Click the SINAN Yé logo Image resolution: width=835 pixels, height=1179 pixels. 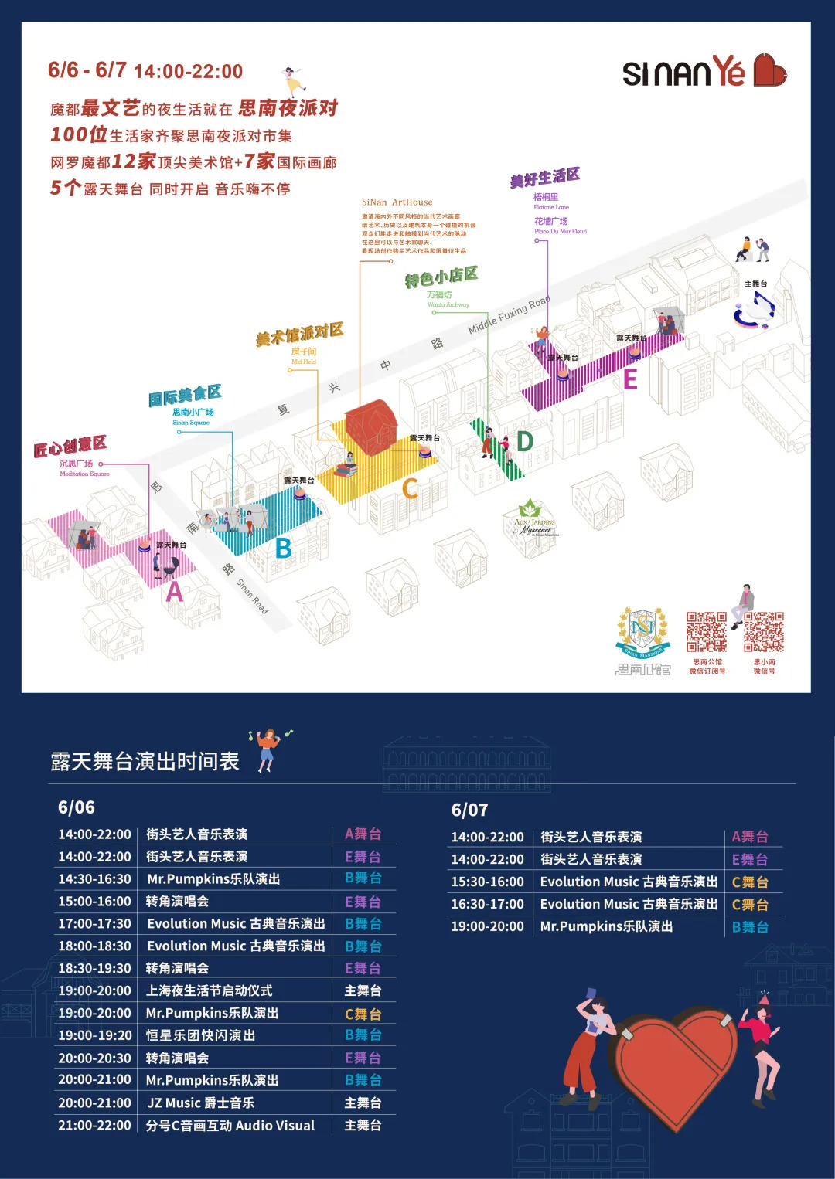pos(704,72)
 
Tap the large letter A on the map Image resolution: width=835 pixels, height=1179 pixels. pos(176,592)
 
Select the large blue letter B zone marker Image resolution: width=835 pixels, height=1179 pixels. pos(284,548)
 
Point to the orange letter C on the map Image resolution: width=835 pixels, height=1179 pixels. pos(410,488)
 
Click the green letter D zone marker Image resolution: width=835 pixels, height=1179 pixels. pos(525,441)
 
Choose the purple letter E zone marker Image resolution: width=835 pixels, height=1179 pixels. pos(630,379)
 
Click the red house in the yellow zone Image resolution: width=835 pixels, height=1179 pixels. pos(370,426)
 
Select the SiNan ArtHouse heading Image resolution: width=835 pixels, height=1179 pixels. pos(397,202)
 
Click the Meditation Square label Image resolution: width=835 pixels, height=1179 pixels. pos(84,474)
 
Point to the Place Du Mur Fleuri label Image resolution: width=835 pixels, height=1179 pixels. pos(561,231)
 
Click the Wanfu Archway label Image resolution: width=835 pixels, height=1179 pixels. pos(448,304)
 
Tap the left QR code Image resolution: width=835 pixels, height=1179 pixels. pos(707,633)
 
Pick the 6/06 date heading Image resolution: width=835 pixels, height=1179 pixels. pos(77,807)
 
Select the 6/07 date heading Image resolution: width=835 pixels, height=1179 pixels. pos(469,810)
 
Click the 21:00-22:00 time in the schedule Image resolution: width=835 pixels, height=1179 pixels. pos(94,1125)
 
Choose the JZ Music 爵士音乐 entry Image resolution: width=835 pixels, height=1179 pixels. pos(200,1103)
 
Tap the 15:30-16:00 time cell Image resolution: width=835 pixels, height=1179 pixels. pos(487,882)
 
